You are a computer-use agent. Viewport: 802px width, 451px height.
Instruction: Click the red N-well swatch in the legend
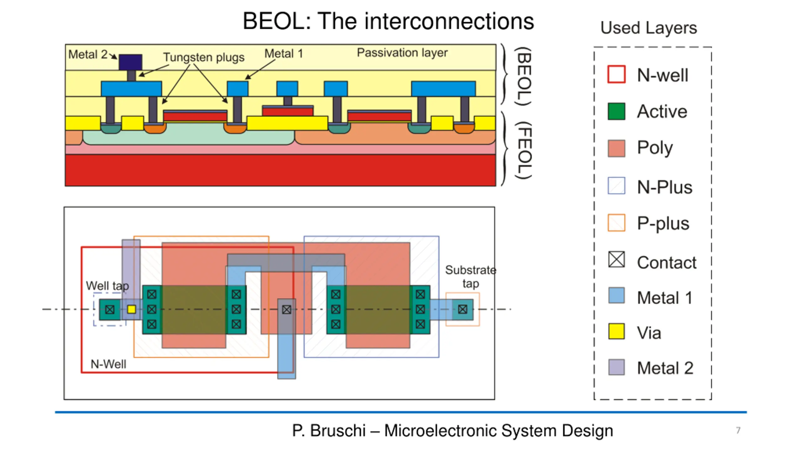tap(616, 74)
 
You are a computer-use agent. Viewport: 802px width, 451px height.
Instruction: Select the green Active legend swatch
tap(616, 111)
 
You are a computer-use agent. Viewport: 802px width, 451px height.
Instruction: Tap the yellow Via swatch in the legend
tap(616, 331)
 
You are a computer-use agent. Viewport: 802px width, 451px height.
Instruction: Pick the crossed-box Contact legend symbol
tap(616, 259)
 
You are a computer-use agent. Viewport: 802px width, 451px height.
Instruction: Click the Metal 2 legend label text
tap(665, 368)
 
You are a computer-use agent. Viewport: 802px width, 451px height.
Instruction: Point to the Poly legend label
tap(655, 148)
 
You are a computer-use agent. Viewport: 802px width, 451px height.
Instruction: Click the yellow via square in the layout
tap(132, 309)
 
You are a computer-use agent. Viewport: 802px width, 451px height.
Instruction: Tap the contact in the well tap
tap(110, 310)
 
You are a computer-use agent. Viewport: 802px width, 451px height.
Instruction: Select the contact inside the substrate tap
tap(462, 309)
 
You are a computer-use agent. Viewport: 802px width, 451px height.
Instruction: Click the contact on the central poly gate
tap(286, 310)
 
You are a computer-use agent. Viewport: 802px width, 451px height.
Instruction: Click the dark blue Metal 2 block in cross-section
tap(130, 62)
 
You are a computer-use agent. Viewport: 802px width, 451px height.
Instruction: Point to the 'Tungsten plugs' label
tap(204, 57)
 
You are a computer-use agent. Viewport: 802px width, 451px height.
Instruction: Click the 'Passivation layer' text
tap(402, 53)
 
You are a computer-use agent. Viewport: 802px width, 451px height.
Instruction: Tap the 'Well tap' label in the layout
tap(107, 286)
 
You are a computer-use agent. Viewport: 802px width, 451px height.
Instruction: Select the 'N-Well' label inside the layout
tap(108, 364)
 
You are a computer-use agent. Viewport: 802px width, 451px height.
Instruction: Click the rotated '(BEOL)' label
tap(523, 76)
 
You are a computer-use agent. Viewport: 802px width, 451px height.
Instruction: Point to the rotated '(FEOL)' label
tap(523, 150)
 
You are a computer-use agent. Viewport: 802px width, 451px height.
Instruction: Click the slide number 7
tap(738, 430)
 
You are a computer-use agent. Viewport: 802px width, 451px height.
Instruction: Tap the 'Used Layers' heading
tap(648, 28)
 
